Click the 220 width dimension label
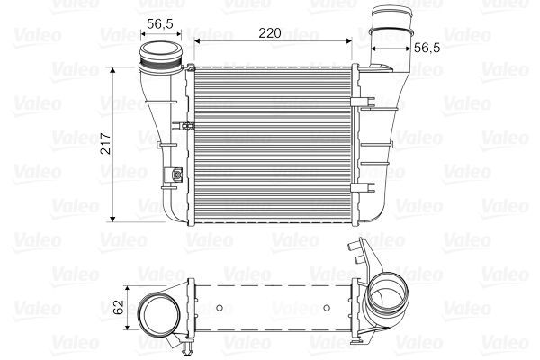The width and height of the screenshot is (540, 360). coord(270,32)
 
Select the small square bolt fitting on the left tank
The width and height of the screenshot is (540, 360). coord(176,174)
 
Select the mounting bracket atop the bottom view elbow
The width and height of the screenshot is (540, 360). coord(362,255)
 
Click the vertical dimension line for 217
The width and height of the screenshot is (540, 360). coord(113,144)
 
